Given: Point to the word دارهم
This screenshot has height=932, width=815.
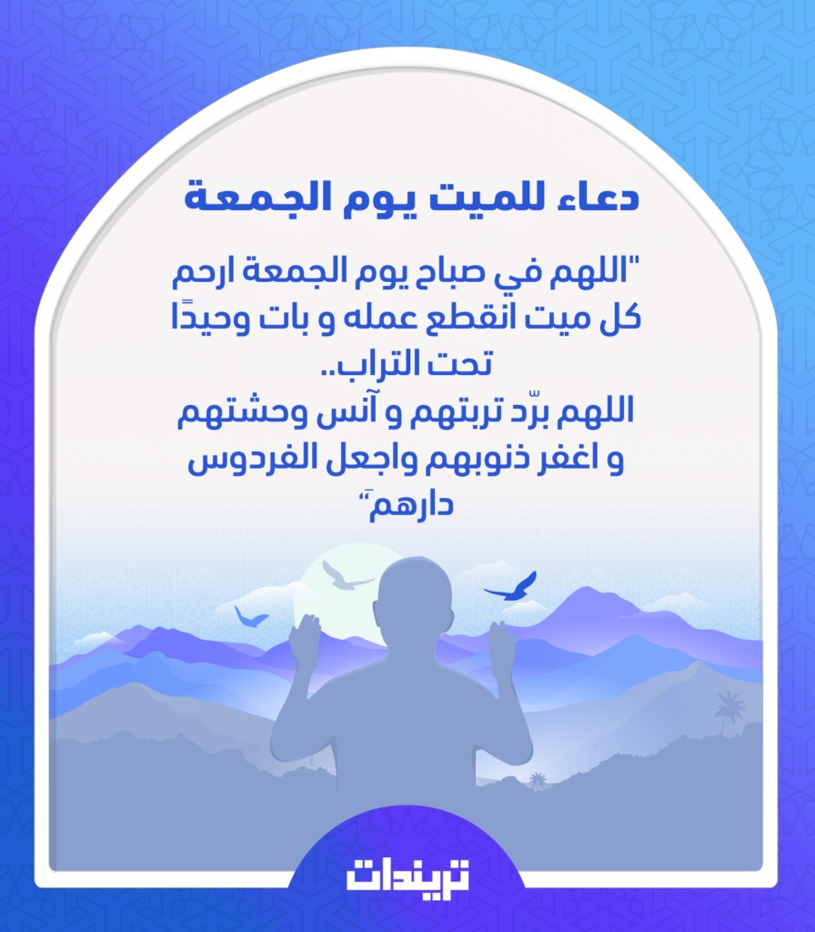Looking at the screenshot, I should pyautogui.click(x=409, y=506).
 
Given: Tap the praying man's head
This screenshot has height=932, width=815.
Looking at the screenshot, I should pyautogui.click(x=415, y=601).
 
